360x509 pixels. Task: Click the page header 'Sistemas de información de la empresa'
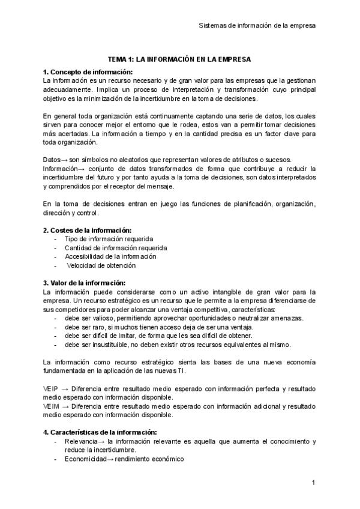click(257, 26)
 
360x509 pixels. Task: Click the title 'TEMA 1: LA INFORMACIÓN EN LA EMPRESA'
click(179, 59)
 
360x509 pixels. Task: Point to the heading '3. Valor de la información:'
click(85, 283)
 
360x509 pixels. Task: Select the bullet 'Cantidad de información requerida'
click(116, 247)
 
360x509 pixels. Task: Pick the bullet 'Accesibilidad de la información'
click(110, 256)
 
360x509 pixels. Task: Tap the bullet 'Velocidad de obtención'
click(101, 265)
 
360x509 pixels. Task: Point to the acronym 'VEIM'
click(51, 406)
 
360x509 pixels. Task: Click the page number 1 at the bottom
click(313, 483)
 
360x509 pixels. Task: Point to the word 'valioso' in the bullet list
click(103, 318)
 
